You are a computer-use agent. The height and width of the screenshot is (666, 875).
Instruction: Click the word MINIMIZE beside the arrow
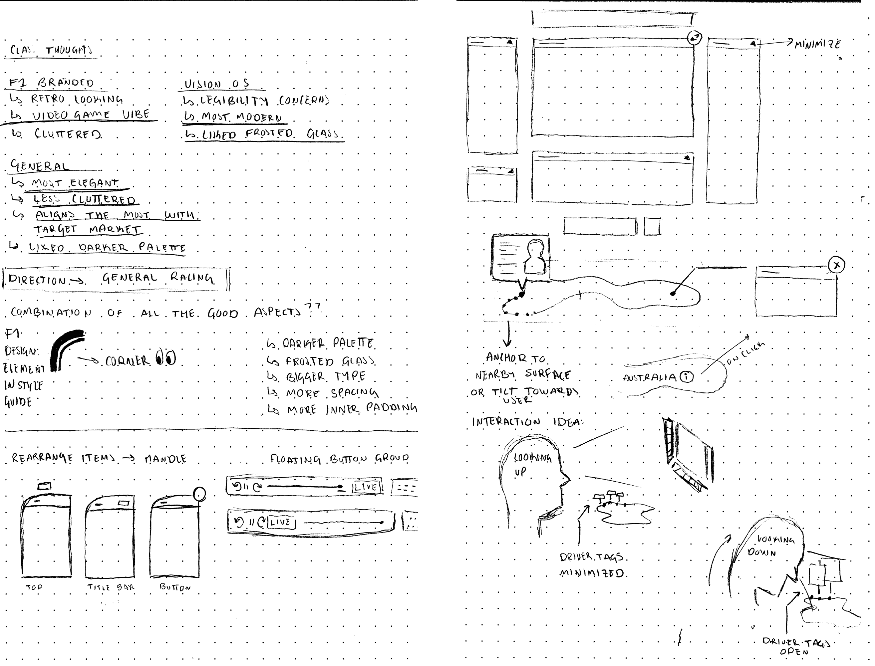tap(817, 44)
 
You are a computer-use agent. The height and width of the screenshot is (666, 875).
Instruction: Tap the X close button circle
tap(836, 265)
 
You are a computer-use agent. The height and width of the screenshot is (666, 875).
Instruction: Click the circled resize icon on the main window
tap(694, 38)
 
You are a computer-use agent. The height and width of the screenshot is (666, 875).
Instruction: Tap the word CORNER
tap(127, 361)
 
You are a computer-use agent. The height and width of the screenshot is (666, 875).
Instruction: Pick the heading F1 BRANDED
tap(52, 83)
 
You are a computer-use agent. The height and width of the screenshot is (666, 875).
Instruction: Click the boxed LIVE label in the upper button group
tap(366, 487)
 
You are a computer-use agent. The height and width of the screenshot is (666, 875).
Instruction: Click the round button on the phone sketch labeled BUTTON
tap(199, 494)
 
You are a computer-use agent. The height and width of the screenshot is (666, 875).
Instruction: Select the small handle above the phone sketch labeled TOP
tap(44, 486)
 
